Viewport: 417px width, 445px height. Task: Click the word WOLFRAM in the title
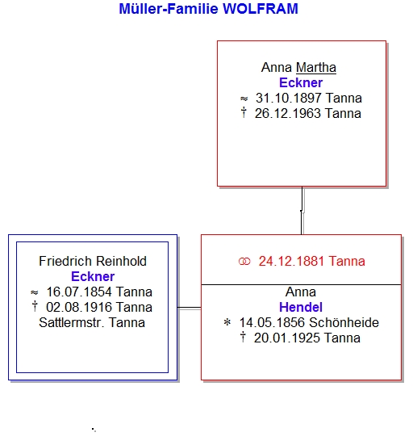tap(261, 9)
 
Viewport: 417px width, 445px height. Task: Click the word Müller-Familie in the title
tap(169, 9)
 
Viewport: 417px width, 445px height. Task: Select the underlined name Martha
tap(316, 68)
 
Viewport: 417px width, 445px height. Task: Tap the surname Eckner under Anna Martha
tap(301, 82)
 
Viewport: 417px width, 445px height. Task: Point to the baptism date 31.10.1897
tap(289, 99)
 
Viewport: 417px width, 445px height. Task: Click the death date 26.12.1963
tap(288, 114)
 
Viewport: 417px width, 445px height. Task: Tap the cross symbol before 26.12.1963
tap(244, 112)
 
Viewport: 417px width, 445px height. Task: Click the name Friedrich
tap(65, 261)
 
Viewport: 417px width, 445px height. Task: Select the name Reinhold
tap(121, 261)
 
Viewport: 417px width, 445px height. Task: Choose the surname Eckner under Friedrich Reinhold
tap(93, 276)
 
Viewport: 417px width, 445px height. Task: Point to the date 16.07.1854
tap(79, 292)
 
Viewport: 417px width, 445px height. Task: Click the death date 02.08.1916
tap(79, 308)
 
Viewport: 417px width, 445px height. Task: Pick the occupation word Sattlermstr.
tap(72, 323)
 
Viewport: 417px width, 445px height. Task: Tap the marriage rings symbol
tap(244, 261)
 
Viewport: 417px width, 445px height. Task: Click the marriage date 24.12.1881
tap(291, 261)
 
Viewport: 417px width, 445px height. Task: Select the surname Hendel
tap(301, 308)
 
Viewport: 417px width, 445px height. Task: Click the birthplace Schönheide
tap(344, 323)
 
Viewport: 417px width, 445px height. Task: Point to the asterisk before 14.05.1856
tap(227, 322)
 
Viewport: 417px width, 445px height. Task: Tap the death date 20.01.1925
tap(287, 338)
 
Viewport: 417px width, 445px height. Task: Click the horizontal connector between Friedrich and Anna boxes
tap(189, 308)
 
